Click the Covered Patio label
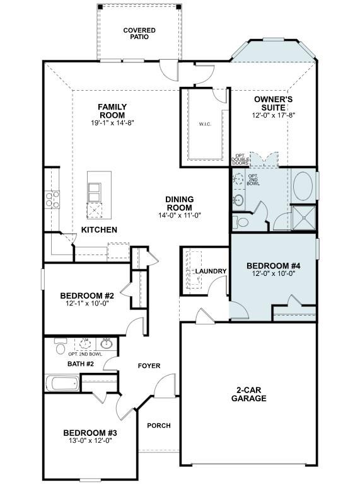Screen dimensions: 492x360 [139, 33]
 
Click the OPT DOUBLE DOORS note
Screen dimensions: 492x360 [240, 160]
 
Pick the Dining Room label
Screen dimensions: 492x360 [180, 203]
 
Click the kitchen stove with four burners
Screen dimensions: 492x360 [52, 200]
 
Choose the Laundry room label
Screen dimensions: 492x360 [211, 272]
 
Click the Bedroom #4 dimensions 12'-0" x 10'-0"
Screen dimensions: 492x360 [273, 274]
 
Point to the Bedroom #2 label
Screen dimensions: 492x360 [87, 295]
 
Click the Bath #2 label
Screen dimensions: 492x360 [81, 363]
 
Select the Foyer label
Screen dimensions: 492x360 [149, 366]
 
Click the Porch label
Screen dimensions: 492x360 [159, 426]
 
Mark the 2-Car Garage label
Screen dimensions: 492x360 [248, 394]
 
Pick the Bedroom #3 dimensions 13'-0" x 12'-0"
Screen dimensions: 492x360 [90, 441]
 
